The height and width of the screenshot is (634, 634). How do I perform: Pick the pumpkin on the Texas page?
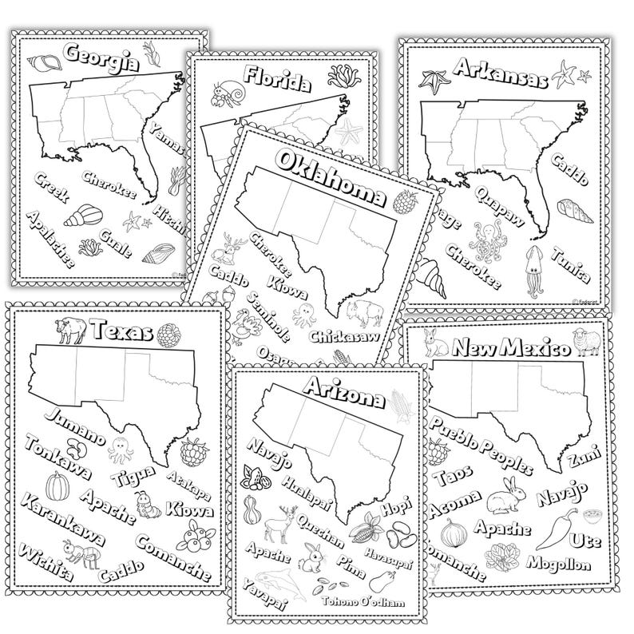(x=57, y=485)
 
